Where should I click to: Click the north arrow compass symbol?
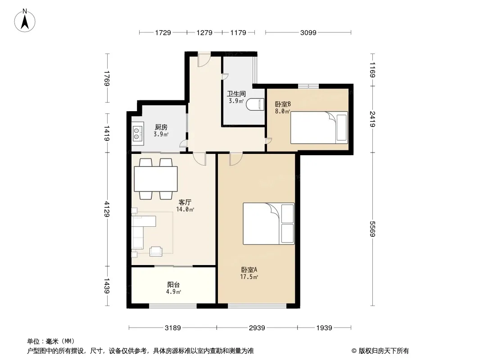25,21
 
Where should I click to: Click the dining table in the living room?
156,179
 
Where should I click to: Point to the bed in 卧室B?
319,127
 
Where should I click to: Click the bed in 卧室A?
268,224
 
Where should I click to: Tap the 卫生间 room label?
236,94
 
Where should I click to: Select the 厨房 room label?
161,127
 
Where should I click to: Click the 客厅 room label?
185,202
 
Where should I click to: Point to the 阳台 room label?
173,285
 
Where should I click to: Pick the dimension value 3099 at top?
308,32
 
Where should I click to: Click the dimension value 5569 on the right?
372,229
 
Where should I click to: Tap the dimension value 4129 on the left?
107,209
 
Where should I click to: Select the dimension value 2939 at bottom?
257,328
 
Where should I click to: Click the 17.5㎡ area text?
249,277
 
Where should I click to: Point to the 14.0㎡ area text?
185,210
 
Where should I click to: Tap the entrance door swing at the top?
204,61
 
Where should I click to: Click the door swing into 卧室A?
236,159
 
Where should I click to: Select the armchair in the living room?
156,251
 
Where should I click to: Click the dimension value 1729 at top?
163,32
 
